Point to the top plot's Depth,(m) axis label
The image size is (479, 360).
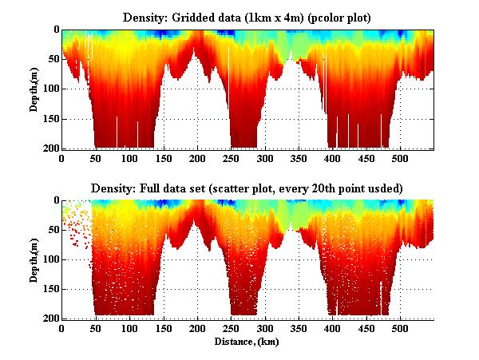(35, 89)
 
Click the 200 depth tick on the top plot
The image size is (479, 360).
(49, 148)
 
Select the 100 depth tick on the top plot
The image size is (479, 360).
(49, 89)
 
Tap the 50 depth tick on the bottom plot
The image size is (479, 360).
(52, 229)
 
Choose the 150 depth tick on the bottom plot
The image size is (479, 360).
(49, 289)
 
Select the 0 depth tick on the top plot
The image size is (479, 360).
(55, 30)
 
